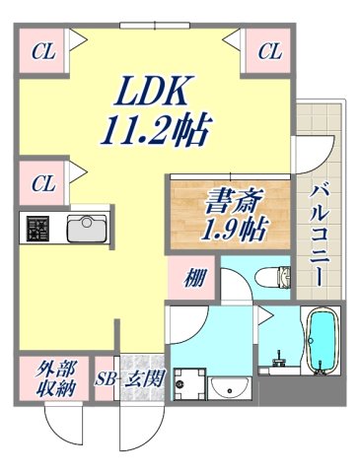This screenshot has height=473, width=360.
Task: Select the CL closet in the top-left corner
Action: [41, 50]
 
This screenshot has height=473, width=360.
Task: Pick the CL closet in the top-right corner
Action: [268, 50]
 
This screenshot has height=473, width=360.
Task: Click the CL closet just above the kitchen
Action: [41, 183]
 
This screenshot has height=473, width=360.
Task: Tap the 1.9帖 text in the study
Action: [229, 233]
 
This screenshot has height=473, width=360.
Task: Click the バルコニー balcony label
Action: [319, 233]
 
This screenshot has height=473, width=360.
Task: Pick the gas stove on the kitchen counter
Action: [37, 229]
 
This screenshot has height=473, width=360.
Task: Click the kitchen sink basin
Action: [86, 229]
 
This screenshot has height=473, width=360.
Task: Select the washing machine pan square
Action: [189, 383]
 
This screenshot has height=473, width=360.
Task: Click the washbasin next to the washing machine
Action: [231, 384]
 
